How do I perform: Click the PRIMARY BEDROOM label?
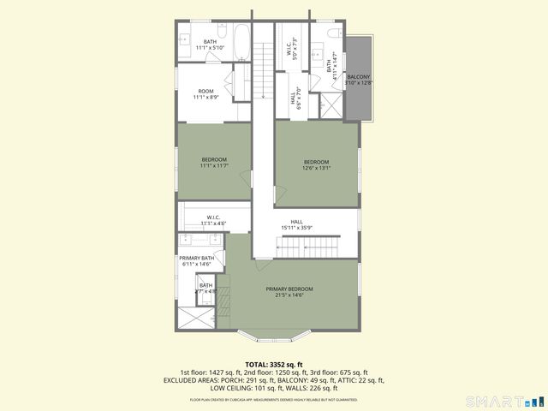[x=289, y=292]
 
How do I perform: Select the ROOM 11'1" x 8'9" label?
[x=205, y=94]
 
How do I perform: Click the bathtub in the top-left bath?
[x=241, y=41]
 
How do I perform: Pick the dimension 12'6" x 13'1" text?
[x=316, y=169]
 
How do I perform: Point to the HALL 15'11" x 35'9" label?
[x=296, y=225]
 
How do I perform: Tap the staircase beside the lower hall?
[x=301, y=247]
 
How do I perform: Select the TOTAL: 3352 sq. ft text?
[x=274, y=365]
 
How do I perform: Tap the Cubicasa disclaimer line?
[x=274, y=398]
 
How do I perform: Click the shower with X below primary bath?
[x=196, y=319]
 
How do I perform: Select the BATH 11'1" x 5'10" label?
[x=210, y=45]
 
